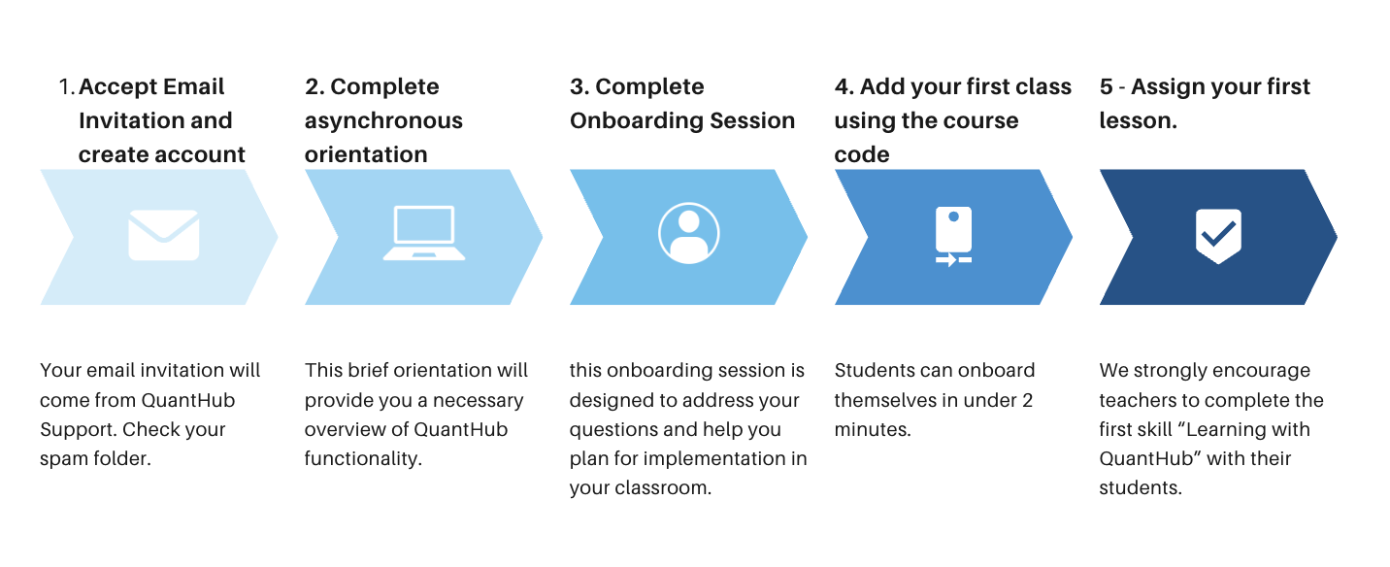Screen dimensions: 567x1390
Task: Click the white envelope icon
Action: point(163,236)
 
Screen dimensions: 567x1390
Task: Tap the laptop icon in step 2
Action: point(423,234)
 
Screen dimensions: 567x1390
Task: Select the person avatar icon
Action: point(688,234)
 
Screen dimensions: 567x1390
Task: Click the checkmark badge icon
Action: point(1217,235)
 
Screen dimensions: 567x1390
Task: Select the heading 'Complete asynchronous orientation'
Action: point(383,120)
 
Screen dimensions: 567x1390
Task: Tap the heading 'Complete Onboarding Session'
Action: point(682,104)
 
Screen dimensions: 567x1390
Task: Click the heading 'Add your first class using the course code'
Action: point(952,120)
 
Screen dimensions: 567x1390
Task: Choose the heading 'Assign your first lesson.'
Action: point(1205,104)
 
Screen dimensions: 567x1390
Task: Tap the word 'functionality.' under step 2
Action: point(363,458)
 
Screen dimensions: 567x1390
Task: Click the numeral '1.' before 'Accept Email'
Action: point(66,87)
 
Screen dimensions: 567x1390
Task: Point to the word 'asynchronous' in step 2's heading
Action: point(383,121)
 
